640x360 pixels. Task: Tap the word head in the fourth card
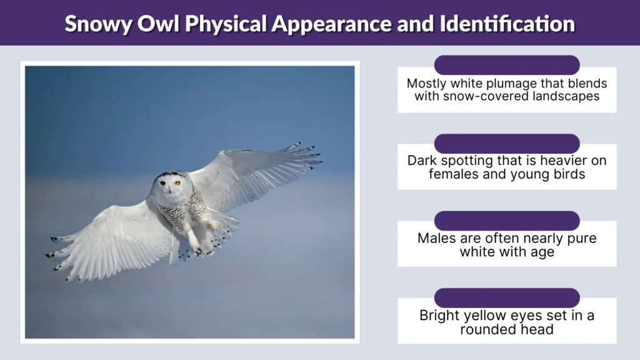[x=538, y=329]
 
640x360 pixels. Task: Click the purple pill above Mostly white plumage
[x=507, y=65]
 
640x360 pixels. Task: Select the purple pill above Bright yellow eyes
[x=507, y=297]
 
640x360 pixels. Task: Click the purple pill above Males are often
[x=507, y=220]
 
